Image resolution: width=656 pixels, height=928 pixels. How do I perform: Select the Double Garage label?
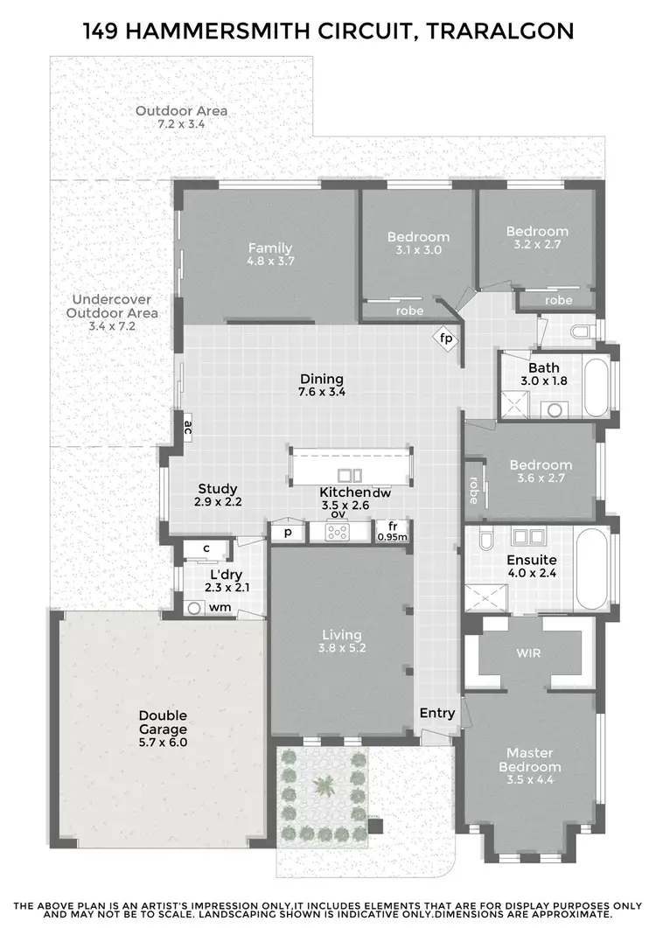tap(163, 722)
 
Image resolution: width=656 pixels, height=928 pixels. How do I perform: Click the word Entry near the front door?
tap(437, 713)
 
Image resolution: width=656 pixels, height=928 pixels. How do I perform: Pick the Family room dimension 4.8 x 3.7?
tap(269, 262)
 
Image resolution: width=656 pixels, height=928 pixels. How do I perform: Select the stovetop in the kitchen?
tap(338, 533)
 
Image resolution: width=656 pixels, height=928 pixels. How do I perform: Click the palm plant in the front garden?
tap(324, 785)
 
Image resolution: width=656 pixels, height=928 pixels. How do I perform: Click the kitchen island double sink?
tap(350, 475)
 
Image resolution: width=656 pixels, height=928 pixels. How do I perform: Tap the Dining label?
tap(322, 379)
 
